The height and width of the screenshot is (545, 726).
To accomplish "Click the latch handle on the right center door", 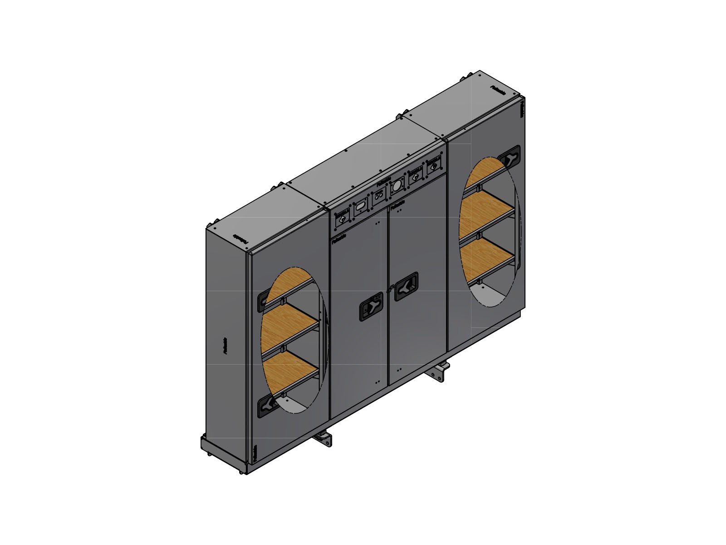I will point(407,287).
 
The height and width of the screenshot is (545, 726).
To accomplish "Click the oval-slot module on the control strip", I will point(360,207).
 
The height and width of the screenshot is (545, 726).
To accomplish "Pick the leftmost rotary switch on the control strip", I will point(341,219).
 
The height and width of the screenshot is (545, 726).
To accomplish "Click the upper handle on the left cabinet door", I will point(263,301).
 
